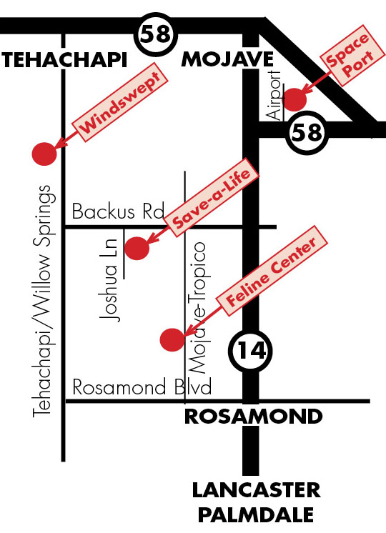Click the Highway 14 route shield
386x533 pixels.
click(x=250, y=351)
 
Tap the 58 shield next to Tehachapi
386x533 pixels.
click(x=156, y=35)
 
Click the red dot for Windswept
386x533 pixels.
click(x=44, y=154)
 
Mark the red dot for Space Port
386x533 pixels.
click(x=295, y=99)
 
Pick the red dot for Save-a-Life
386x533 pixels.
click(x=137, y=249)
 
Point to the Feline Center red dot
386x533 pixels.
click(x=172, y=339)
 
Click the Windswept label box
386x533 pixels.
click(x=121, y=103)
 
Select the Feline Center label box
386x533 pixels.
click(x=272, y=271)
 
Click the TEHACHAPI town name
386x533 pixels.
click(x=64, y=60)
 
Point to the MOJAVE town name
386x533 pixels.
click(x=227, y=59)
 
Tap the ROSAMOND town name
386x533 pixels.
click(x=253, y=416)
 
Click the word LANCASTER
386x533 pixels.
click(x=257, y=490)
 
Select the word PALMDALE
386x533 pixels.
click(x=256, y=514)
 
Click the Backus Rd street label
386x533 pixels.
click(x=118, y=211)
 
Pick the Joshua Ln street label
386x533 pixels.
click(x=110, y=280)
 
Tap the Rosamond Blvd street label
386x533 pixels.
click(x=142, y=387)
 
